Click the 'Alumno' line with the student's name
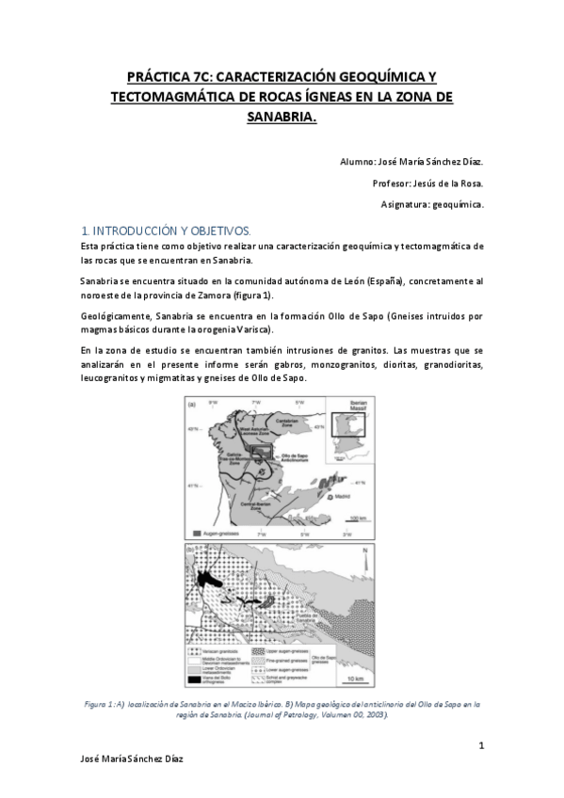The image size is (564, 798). [411, 162]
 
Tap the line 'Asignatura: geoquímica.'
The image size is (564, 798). [432, 203]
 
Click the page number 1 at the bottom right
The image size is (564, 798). [481, 746]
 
